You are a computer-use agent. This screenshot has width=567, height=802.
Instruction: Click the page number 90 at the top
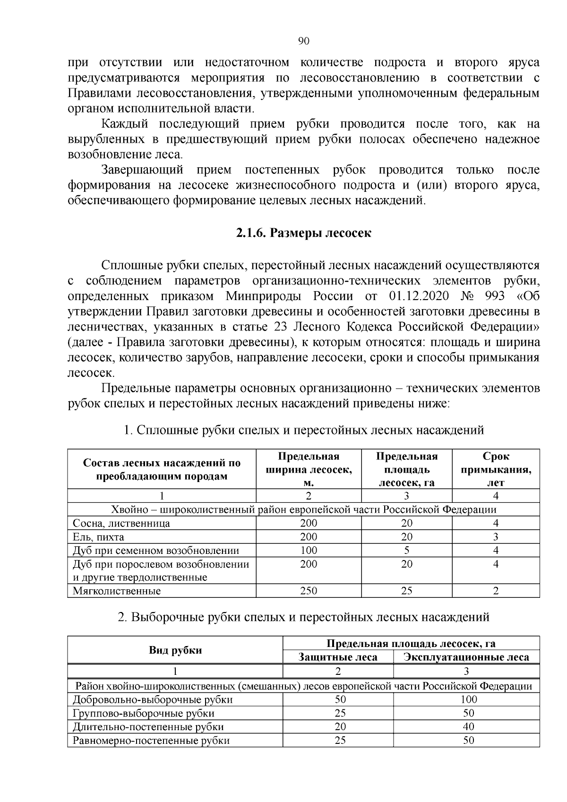pos(304,41)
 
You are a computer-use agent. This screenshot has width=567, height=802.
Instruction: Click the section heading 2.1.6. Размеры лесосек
pos(304,233)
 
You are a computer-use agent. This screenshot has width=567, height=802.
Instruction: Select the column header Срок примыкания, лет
pos(496,469)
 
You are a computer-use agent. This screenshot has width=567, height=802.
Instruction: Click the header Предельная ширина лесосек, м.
pos(309,469)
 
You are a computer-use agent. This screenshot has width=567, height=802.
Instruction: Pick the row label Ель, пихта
pos(99,537)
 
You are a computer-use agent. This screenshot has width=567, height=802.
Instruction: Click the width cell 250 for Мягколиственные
pos(309,591)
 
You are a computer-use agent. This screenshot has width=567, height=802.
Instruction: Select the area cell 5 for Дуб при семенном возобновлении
pos(406,550)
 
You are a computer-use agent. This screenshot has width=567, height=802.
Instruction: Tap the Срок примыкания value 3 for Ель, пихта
pos(496,537)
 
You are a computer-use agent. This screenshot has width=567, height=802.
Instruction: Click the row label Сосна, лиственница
pos(121,523)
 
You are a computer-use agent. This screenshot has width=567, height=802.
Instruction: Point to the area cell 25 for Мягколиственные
pos(406,591)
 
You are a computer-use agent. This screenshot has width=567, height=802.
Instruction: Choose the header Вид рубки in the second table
pos(175,650)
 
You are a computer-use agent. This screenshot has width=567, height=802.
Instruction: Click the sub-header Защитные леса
pos(338,657)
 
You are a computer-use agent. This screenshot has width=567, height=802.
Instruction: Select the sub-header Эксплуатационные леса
pos(466,657)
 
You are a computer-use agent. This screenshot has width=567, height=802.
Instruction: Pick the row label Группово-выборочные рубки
pos(144,713)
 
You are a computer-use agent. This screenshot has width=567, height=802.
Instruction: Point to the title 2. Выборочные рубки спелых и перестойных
pos(303,617)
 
